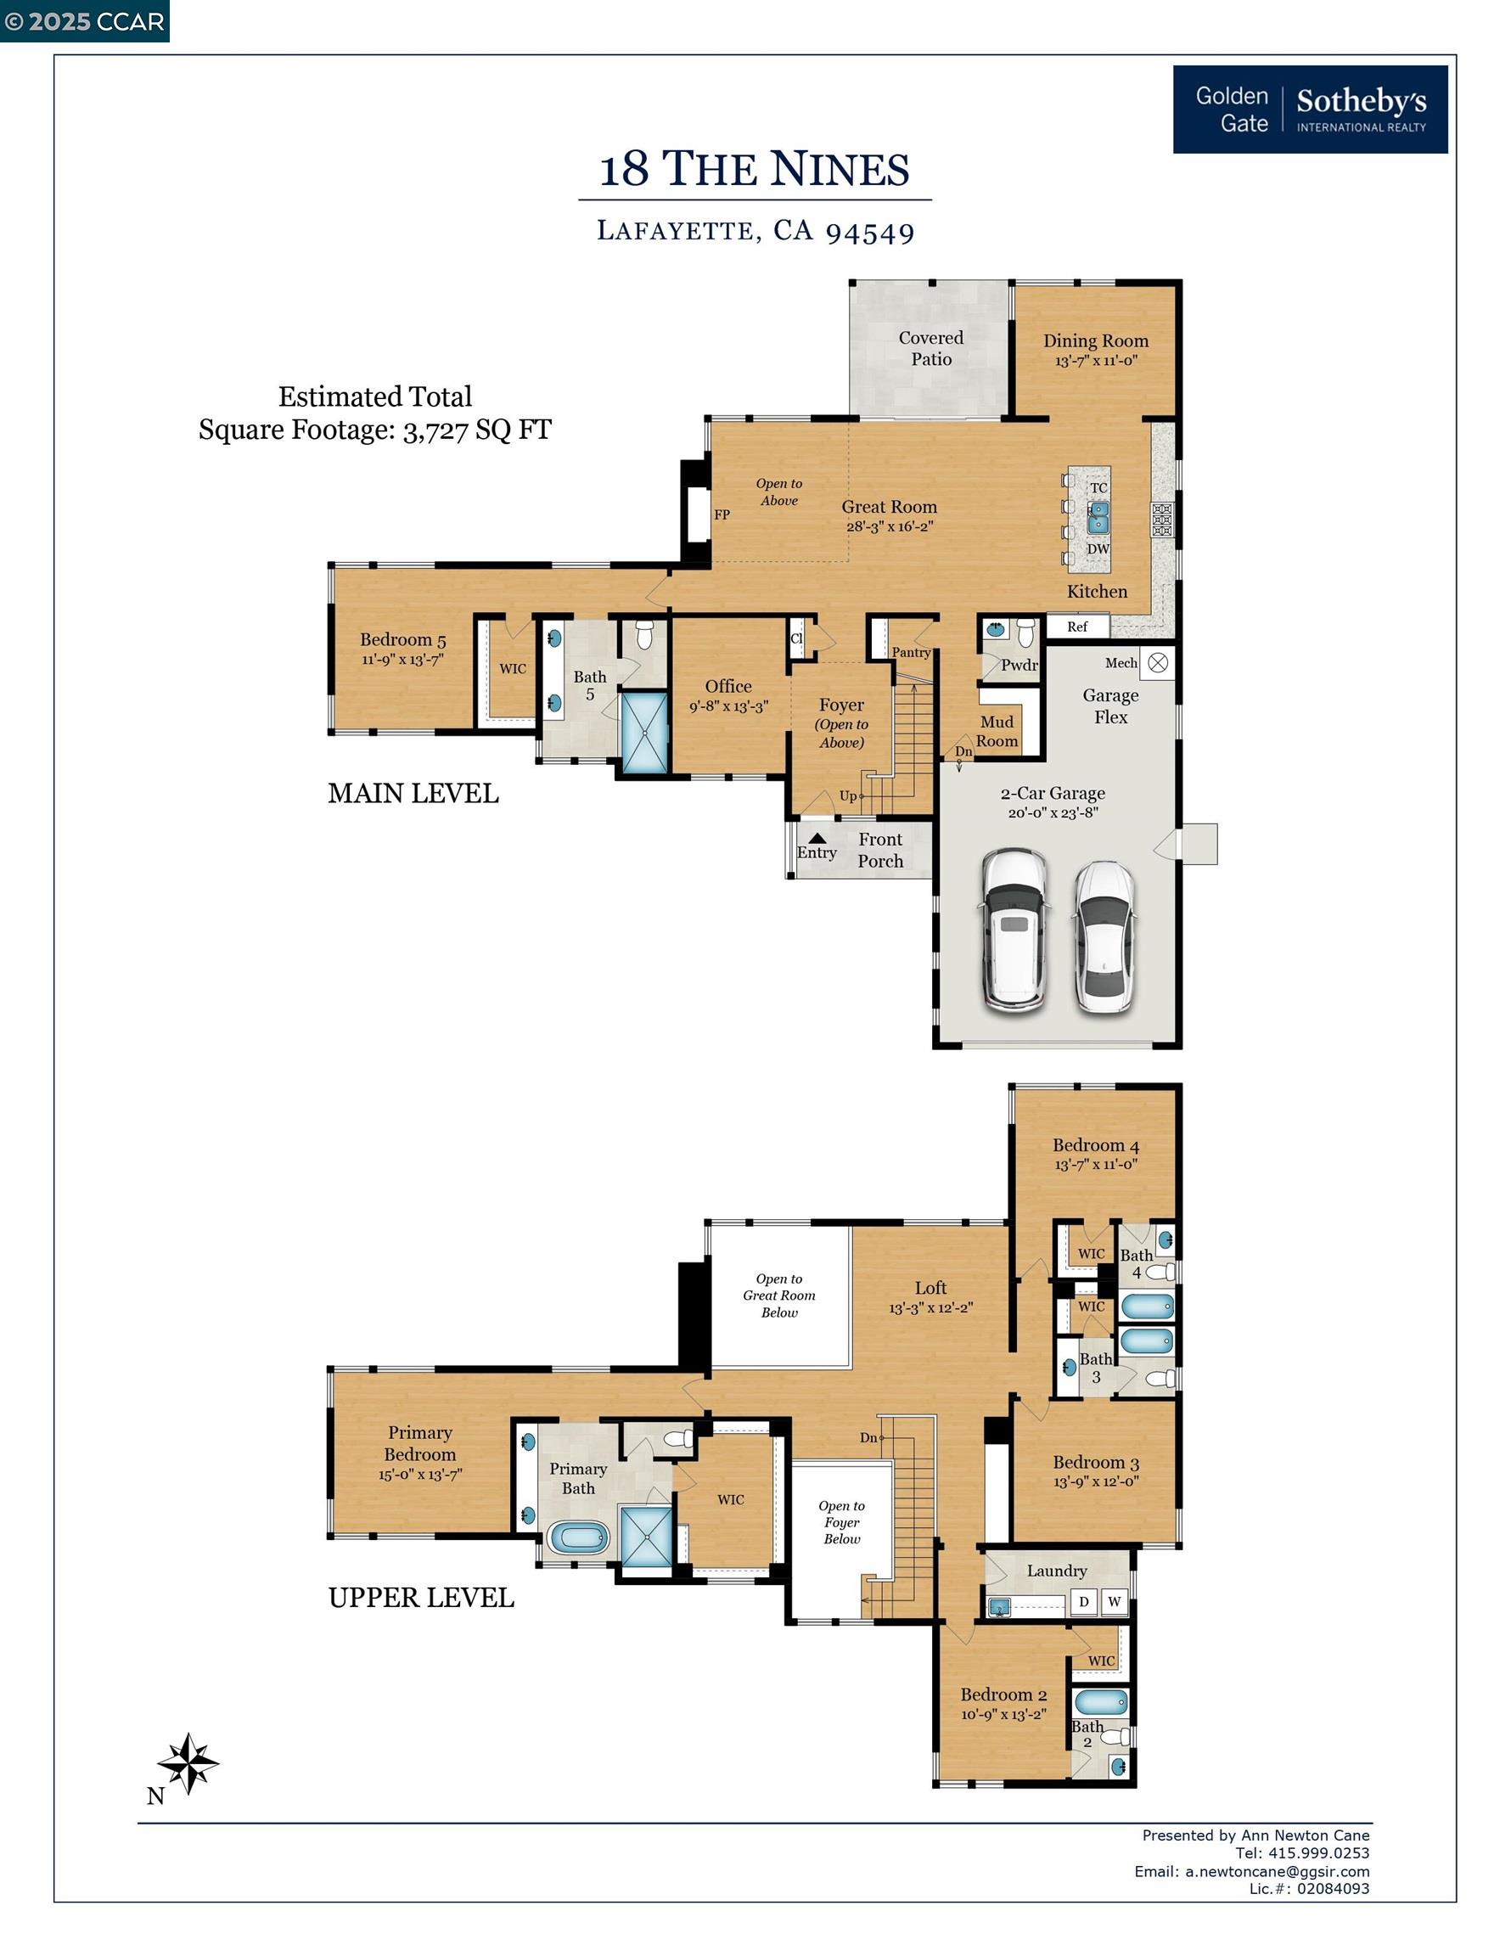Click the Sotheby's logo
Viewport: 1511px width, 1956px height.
tap(1310, 110)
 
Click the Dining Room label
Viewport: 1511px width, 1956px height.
tap(1095, 340)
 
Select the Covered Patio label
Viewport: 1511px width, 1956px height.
tap(931, 348)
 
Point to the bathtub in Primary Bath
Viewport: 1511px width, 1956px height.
tap(580, 1537)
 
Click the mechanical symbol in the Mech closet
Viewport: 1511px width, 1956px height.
tap(1158, 663)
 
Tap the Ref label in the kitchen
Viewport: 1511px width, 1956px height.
tap(1077, 627)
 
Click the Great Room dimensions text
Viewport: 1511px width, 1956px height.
tap(890, 526)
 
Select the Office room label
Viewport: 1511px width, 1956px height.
tap(728, 686)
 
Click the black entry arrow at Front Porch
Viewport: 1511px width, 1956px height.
tap(817, 838)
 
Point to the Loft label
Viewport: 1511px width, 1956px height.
tap(930, 1288)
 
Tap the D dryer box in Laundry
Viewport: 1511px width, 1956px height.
tap(1084, 1601)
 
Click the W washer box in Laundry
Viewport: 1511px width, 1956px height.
tap(1115, 1601)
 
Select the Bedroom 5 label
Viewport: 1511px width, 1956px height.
tap(403, 639)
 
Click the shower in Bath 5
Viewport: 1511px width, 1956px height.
tap(644, 733)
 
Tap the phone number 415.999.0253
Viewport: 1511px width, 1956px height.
tap(1319, 1853)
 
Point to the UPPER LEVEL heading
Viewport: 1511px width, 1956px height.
tap(421, 1598)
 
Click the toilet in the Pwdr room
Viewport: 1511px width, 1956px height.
tap(1025, 632)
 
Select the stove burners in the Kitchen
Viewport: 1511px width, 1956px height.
tap(1162, 520)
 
